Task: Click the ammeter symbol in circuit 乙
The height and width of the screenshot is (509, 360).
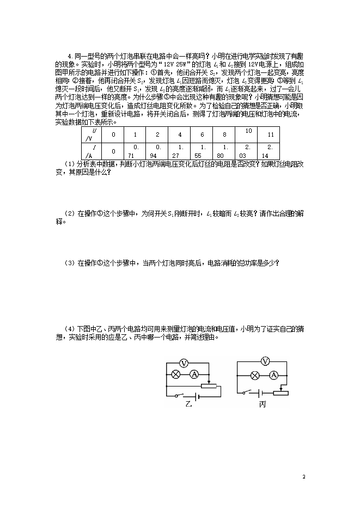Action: pos(193,374)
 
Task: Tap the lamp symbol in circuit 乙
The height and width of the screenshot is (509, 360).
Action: pos(176,374)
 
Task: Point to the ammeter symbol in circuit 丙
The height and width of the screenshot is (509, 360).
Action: pos(274,374)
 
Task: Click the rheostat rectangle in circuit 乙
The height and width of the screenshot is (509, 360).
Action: pos(209,386)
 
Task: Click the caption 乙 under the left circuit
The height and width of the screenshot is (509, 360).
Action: pos(189,404)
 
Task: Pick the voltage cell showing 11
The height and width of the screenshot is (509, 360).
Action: pos(270,134)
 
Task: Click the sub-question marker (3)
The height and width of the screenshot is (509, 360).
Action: pos(69,263)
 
